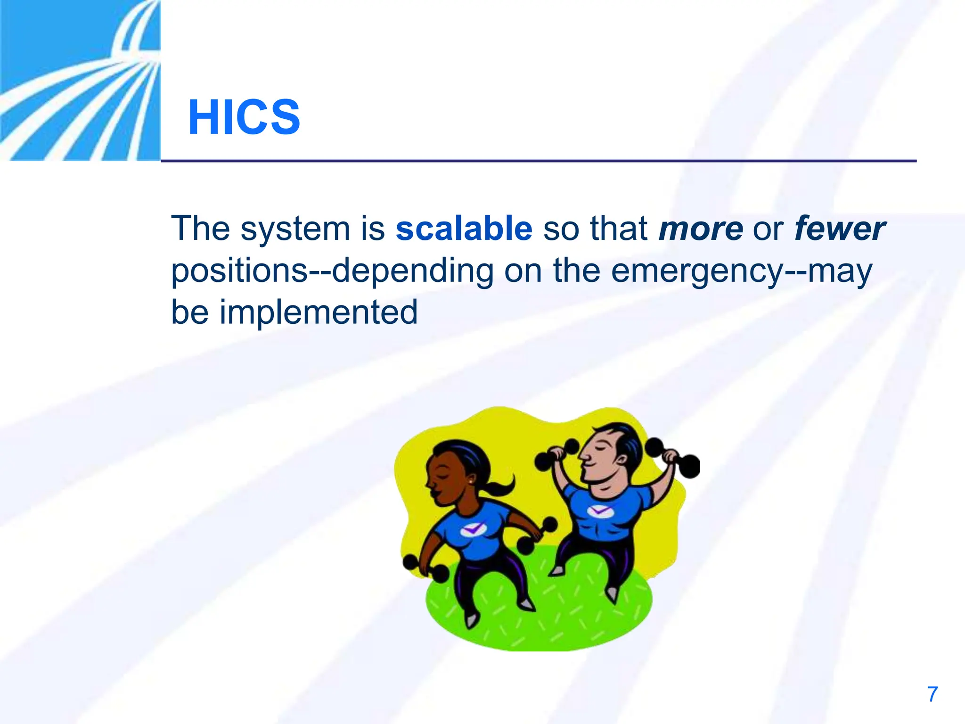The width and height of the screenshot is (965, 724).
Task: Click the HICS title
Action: [x=244, y=117]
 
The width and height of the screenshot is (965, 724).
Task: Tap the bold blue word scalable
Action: [x=464, y=229]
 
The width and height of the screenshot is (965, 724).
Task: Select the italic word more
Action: [x=701, y=229]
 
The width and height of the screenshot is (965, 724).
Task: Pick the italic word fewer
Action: [x=840, y=229]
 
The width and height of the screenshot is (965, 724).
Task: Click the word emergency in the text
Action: [x=697, y=271]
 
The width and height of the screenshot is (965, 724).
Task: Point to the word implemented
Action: [x=319, y=312]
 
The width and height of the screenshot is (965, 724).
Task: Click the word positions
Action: [x=239, y=271]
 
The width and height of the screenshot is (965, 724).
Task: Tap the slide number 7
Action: [x=932, y=694]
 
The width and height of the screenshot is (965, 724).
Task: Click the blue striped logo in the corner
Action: [x=80, y=80]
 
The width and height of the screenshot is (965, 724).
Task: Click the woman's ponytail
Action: [x=499, y=485]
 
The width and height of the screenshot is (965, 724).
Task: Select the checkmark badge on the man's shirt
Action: [x=599, y=511]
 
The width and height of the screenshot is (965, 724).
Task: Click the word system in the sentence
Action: [x=295, y=229]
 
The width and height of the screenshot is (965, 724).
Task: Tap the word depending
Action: [x=412, y=271]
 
